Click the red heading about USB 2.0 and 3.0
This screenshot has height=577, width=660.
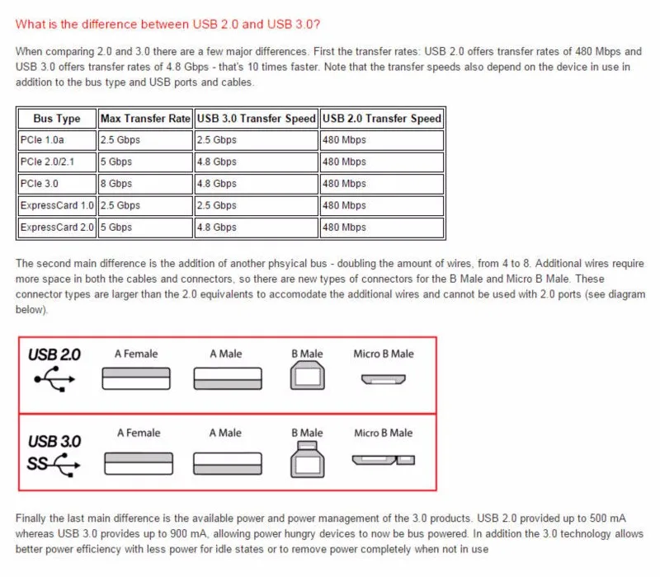[167, 25]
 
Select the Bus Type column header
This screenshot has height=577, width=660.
[57, 119]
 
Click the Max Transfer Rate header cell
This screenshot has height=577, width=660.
[145, 119]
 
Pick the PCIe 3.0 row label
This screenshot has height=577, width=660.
[39, 184]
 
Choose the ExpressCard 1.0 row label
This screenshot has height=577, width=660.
[57, 205]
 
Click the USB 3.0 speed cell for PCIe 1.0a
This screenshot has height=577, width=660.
[217, 140]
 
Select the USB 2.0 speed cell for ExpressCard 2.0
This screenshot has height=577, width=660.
[344, 228]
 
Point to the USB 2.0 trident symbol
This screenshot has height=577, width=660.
[54, 379]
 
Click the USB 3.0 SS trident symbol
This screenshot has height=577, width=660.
[54, 464]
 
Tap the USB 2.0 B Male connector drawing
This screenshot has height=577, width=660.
[307, 376]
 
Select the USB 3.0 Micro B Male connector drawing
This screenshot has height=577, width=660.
[384, 460]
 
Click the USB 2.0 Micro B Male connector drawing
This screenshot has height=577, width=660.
[384, 379]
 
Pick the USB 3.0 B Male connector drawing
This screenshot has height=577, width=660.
[307, 459]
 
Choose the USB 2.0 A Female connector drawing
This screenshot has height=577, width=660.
[136, 378]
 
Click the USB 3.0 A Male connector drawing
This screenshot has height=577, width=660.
[228, 463]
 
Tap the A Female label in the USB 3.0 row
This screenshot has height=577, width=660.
[139, 434]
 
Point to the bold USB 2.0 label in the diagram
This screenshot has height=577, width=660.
[54, 355]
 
